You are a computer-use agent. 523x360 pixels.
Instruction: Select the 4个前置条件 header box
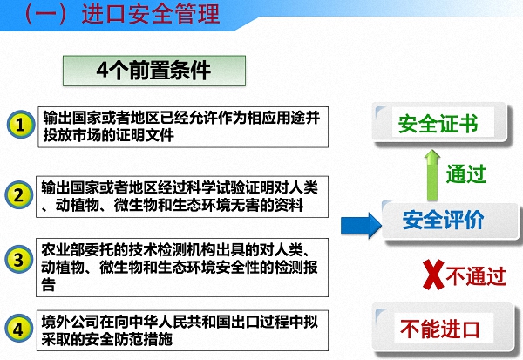153,70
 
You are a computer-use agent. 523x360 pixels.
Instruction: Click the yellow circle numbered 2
19,195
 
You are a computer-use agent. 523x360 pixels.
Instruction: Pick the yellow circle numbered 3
19,260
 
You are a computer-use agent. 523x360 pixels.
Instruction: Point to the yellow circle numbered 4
19,329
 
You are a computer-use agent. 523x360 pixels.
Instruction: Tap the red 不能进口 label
440,329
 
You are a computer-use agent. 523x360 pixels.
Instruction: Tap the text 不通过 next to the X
476,276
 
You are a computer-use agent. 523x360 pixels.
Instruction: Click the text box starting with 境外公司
183,329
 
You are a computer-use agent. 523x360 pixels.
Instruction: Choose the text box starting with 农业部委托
183,264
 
